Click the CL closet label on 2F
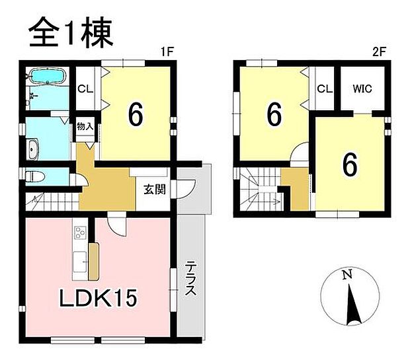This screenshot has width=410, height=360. pyautogui.click(x=323, y=89)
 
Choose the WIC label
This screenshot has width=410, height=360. pyautogui.click(x=362, y=89)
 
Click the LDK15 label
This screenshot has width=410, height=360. pyautogui.click(x=100, y=297)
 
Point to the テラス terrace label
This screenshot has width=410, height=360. pyautogui.click(x=190, y=280)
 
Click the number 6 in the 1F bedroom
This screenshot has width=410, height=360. pyautogui.click(x=135, y=114)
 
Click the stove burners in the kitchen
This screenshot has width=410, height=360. pyautogui.click(x=81, y=233)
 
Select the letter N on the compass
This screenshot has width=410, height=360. pyautogui.click(x=345, y=275)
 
